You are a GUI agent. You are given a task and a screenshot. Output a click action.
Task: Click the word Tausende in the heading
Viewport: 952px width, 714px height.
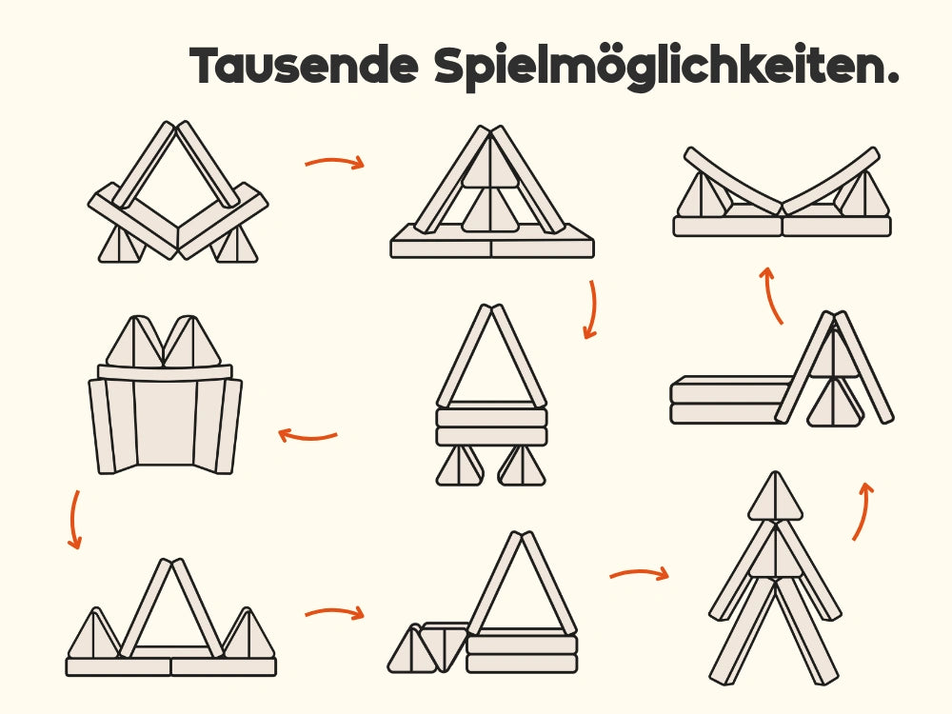click(x=305, y=65)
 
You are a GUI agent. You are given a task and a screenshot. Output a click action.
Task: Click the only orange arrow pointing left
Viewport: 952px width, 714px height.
click(x=307, y=435)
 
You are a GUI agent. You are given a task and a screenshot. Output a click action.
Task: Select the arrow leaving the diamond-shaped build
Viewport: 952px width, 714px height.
click(x=334, y=162)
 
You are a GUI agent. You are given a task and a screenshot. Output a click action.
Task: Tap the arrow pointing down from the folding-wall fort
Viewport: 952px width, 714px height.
click(x=74, y=519)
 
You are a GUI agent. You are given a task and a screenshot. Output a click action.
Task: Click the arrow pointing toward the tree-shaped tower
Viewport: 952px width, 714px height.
click(x=640, y=573)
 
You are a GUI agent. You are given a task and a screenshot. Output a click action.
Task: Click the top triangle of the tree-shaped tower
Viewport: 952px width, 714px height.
click(x=775, y=499)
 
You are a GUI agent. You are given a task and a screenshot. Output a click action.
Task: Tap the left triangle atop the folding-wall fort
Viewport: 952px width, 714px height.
click(x=135, y=342)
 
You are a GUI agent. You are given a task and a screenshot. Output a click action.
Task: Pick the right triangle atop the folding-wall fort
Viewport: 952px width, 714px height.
click(x=192, y=342)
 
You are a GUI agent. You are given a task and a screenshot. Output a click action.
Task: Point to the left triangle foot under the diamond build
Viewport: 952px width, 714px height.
click(x=122, y=244)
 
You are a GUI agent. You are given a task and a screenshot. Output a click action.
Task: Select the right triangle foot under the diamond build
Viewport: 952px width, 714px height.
click(x=235, y=244)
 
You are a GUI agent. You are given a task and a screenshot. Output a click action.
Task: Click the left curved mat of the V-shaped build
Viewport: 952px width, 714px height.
click(x=730, y=181)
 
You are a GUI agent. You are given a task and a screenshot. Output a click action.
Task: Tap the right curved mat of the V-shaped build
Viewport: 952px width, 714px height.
click(x=831, y=181)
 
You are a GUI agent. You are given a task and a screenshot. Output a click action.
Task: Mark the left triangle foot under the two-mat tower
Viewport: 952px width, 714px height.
click(x=460, y=466)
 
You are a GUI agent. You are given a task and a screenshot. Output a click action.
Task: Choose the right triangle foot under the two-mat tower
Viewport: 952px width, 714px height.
click(x=522, y=466)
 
